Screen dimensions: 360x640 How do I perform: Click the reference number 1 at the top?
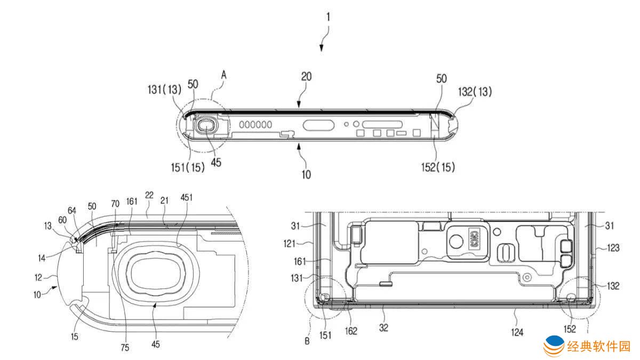coord(328,17)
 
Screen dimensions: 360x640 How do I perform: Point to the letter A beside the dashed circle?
coord(224,76)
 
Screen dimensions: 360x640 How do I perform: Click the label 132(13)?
coord(474,91)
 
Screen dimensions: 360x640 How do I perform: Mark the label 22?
coord(149,196)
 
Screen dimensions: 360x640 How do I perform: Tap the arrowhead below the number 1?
coord(322,49)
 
